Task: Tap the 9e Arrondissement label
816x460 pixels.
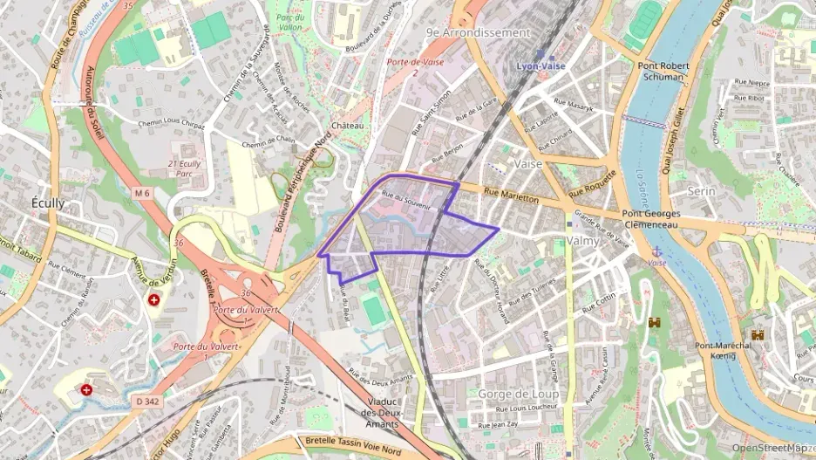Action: (x=478, y=32)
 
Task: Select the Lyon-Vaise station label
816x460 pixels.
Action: (x=541, y=65)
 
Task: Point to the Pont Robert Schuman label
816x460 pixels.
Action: (x=663, y=71)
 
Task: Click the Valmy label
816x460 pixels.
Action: (x=583, y=240)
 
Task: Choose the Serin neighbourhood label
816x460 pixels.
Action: (x=702, y=190)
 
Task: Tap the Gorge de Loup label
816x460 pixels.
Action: (x=518, y=394)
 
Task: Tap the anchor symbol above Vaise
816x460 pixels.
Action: (x=656, y=251)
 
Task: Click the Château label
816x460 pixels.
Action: (x=347, y=126)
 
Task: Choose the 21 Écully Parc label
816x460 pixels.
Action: (x=184, y=168)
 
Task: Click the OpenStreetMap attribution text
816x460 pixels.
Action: (x=772, y=447)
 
